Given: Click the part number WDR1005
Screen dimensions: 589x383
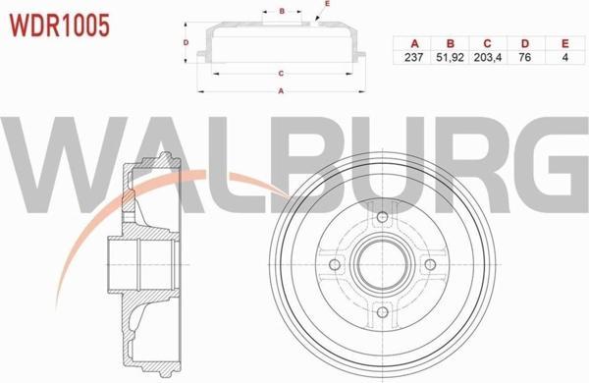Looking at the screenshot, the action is (x=59, y=26).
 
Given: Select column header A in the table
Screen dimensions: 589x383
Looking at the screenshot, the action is (x=414, y=44).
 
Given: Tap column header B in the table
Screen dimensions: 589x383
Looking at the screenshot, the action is (x=451, y=44).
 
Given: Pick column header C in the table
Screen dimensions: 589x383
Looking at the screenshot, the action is (x=487, y=44).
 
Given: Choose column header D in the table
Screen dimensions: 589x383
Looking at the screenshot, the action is (x=525, y=44).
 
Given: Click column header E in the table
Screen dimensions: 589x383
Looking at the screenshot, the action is (x=565, y=44).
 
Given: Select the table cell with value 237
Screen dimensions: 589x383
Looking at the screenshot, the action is (x=414, y=57).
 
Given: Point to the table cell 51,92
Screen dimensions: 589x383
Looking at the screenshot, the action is (x=450, y=57).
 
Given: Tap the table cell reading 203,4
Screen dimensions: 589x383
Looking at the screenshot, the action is (x=488, y=57).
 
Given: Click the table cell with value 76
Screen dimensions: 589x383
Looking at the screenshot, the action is (x=525, y=57).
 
